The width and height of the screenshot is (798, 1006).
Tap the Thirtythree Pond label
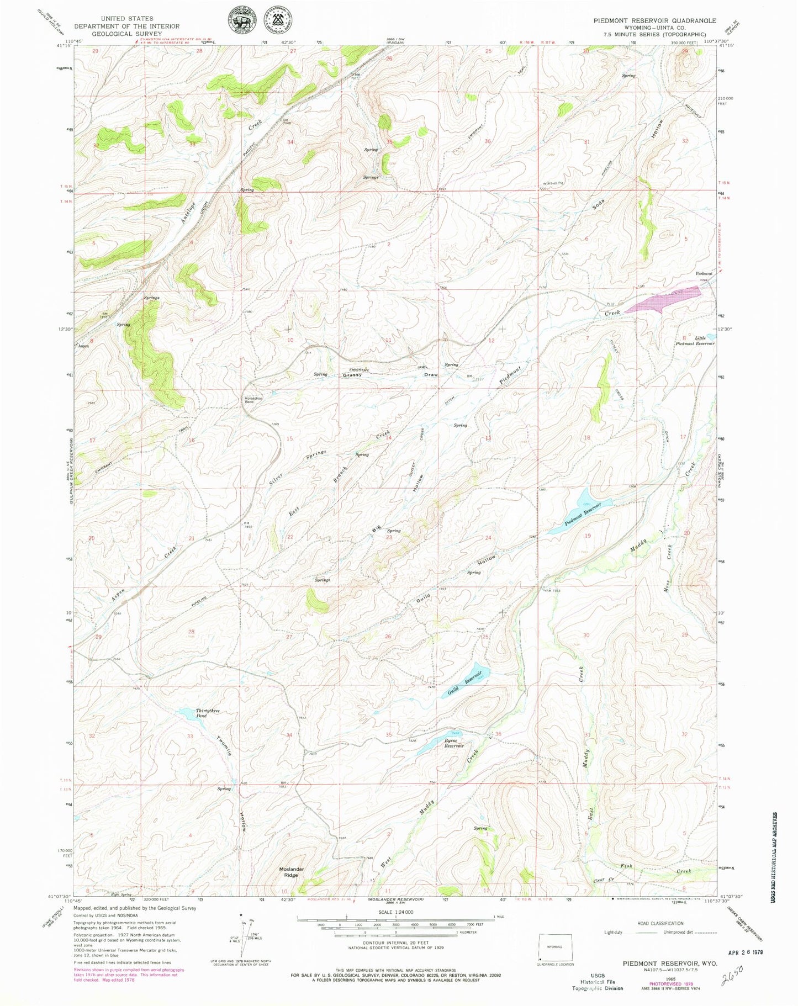[x=193, y=713]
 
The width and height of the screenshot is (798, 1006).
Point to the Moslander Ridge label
[x=291, y=872]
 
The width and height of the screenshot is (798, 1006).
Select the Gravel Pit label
[x=550, y=183]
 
